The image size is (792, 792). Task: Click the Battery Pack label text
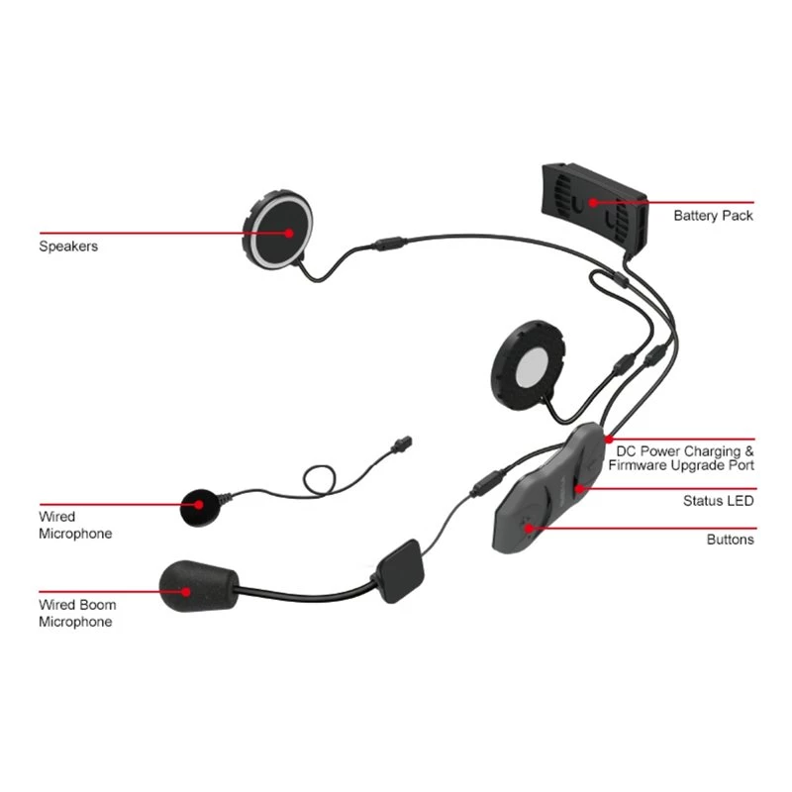pyautogui.click(x=713, y=215)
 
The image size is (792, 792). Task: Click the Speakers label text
pyautogui.click(x=68, y=246)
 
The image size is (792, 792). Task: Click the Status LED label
pyautogui.click(x=718, y=501)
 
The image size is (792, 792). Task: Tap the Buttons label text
pyautogui.click(x=730, y=540)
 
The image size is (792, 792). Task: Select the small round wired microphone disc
pyautogui.click(x=202, y=506)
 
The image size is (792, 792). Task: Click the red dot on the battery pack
pyautogui.click(x=594, y=203)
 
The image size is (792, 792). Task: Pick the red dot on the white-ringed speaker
pyautogui.click(x=289, y=234)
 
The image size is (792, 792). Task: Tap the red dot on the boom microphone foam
pyautogui.click(x=188, y=591)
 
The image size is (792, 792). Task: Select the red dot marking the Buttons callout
pyautogui.click(x=531, y=528)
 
